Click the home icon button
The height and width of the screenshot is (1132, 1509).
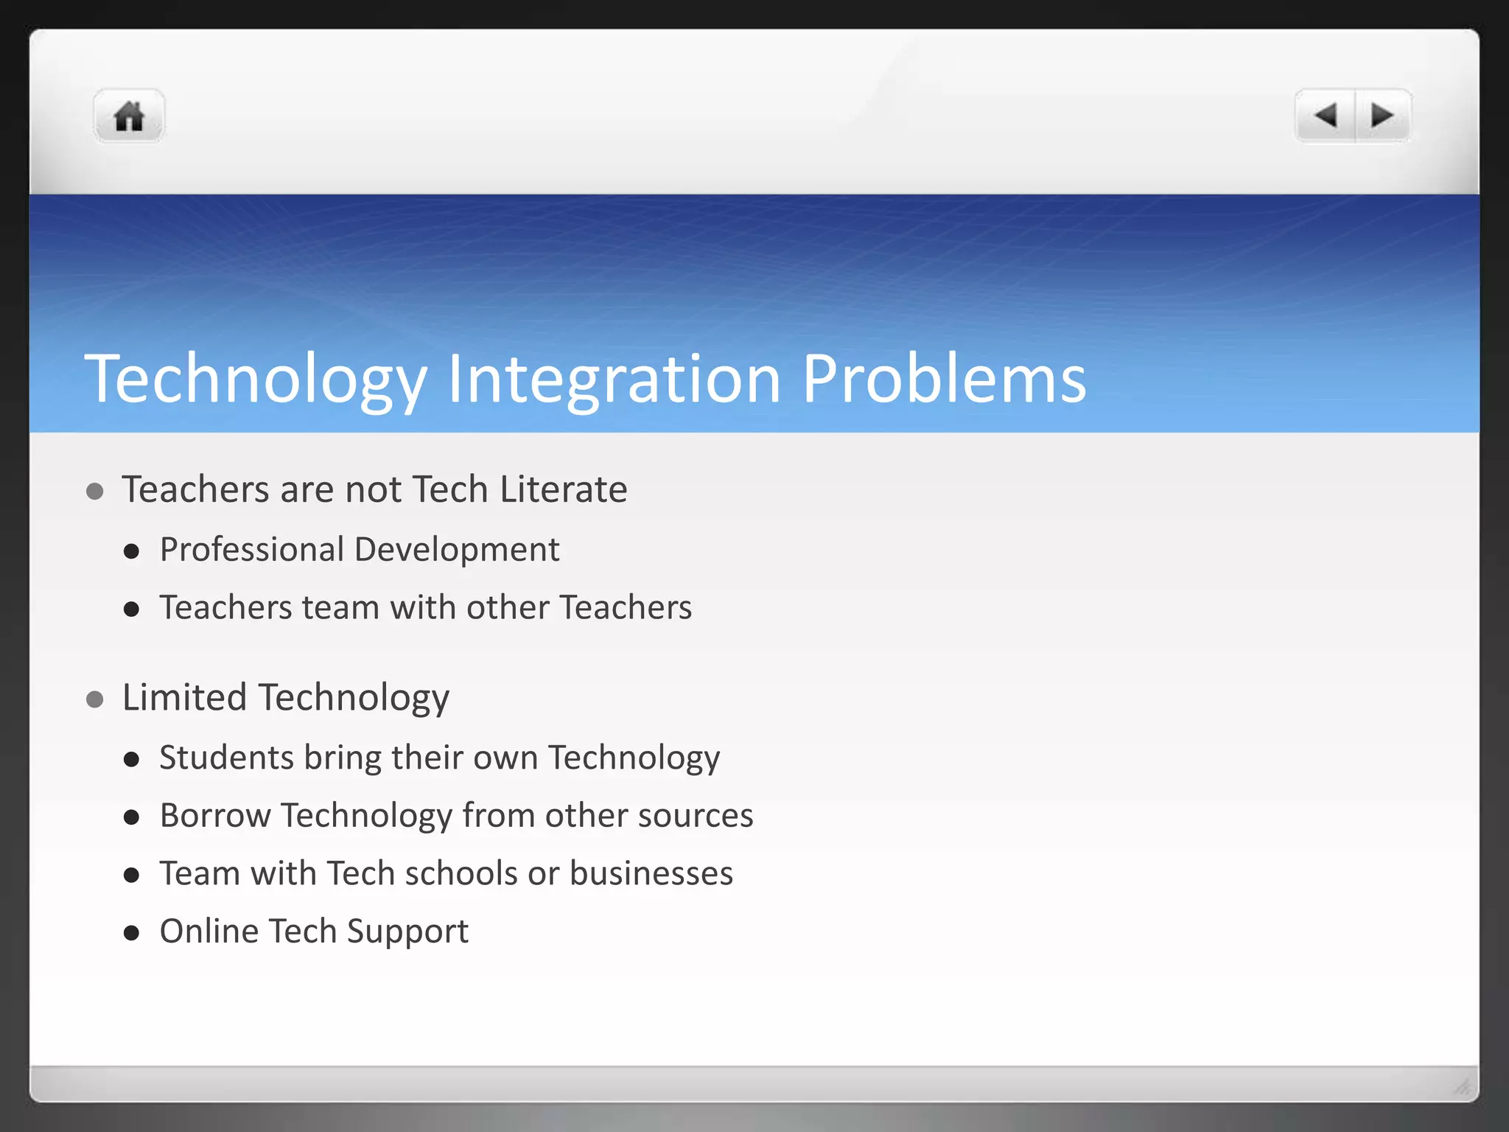(x=129, y=116)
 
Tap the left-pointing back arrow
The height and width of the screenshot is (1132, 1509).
(x=1326, y=116)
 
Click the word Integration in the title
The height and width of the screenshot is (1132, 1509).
(x=613, y=379)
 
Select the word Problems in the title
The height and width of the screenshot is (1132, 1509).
(x=943, y=379)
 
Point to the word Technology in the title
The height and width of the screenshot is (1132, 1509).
(x=256, y=379)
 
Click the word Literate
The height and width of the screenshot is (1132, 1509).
(x=563, y=489)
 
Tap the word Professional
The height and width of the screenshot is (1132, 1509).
(x=252, y=550)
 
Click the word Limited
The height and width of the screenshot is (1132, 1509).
(x=184, y=697)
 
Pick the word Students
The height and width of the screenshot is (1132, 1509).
(x=226, y=758)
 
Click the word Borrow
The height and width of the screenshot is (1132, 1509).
(x=215, y=815)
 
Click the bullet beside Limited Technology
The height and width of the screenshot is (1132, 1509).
(x=94, y=699)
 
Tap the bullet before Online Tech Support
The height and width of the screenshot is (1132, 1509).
(x=132, y=933)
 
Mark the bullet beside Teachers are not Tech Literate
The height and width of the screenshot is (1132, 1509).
(x=94, y=491)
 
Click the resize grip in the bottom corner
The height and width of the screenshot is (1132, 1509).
(x=1462, y=1086)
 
